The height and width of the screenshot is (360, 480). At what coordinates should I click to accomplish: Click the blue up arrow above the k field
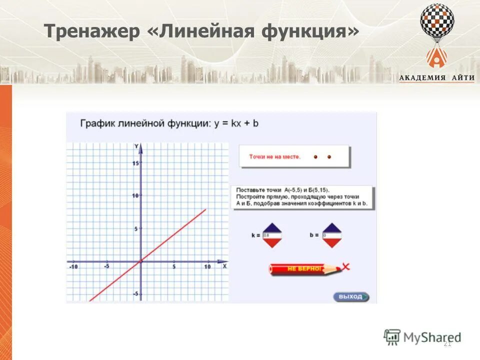(x=272, y=228)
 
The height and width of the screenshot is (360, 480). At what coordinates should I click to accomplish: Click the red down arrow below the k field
(x=272, y=242)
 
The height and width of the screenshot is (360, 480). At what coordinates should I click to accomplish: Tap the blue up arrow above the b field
(x=331, y=228)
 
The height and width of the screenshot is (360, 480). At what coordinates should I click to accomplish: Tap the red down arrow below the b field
(x=331, y=242)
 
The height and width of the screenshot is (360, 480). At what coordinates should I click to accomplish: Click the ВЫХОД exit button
(x=351, y=297)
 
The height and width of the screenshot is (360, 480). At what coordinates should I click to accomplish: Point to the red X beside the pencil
(x=345, y=266)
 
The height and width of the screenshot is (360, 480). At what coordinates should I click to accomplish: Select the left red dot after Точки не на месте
(x=315, y=157)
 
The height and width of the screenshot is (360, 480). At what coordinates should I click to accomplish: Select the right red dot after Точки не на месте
(x=329, y=157)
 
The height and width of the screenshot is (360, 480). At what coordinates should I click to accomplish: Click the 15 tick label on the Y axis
(x=135, y=163)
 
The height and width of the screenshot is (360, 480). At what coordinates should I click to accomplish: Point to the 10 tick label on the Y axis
(x=135, y=195)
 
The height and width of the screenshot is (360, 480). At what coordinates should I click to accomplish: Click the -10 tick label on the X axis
(x=73, y=267)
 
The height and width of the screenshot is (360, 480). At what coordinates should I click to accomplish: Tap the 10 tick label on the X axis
(x=207, y=267)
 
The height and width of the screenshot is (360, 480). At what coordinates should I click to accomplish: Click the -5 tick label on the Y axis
(x=135, y=294)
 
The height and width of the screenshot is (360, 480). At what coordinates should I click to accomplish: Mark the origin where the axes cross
(x=141, y=261)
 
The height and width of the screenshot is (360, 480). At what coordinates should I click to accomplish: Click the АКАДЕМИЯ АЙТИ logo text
(x=436, y=77)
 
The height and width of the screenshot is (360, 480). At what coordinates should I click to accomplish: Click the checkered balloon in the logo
(x=437, y=21)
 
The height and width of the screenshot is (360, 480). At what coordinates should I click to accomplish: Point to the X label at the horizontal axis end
(x=224, y=266)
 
